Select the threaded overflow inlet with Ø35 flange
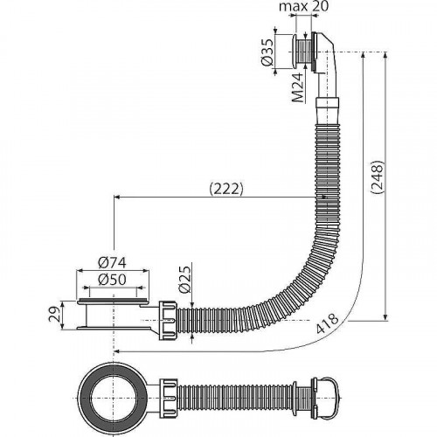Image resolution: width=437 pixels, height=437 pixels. click(302, 52)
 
